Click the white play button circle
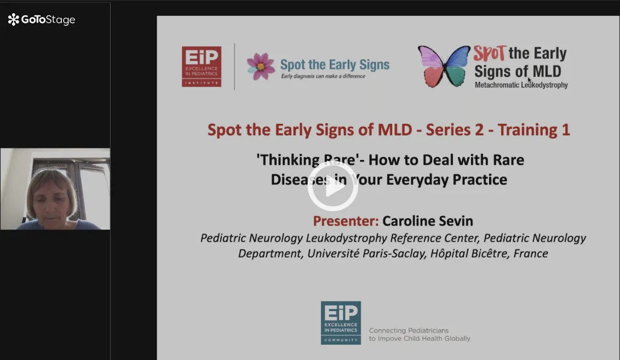click(332, 186)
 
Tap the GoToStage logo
click(42, 19)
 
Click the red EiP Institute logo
click(201, 66)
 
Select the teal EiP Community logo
click(341, 323)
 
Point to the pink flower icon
click(261, 66)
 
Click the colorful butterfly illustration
click(444, 66)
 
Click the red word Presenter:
click(346, 221)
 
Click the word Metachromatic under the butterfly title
click(497, 85)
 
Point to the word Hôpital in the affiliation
click(449, 253)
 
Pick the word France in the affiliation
click(531, 253)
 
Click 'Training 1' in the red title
click(534, 130)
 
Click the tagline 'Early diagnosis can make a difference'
click(323, 76)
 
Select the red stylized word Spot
click(490, 53)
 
